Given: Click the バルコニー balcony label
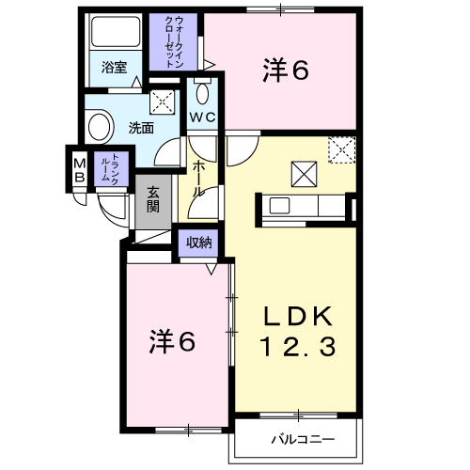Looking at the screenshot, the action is [303, 439].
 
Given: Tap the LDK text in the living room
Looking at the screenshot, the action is [298, 316].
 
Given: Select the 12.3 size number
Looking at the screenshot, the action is [298, 347].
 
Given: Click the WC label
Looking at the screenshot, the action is [203, 117].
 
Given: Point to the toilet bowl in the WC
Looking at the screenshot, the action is [203, 93].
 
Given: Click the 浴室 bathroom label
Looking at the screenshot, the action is [114, 68].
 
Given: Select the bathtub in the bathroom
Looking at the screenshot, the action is [116, 31].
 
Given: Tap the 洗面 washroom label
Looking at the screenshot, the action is [141, 128].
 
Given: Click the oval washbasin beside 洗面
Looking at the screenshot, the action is [100, 127].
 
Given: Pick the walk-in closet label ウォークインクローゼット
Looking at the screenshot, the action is [174, 41].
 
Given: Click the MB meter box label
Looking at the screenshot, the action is [80, 170].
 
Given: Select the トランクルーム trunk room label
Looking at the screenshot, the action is [110, 167].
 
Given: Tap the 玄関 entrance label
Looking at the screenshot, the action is [153, 199].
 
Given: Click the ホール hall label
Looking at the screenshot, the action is [198, 179].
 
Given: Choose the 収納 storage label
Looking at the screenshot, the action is [198, 243].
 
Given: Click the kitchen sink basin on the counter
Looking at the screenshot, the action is [279, 206].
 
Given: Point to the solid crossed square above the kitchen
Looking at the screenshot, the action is [304, 174].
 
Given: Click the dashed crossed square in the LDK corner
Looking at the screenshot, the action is [342, 149].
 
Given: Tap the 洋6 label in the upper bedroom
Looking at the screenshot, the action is [286, 70].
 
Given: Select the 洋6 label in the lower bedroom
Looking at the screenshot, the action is [172, 341].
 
